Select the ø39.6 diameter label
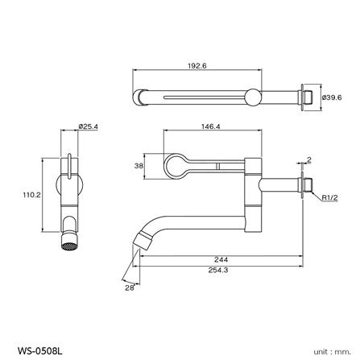(331, 97)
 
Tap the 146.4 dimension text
(212, 126)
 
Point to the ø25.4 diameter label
(89, 126)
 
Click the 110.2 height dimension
(33, 193)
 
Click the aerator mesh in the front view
(70, 241)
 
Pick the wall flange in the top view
(305, 96)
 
